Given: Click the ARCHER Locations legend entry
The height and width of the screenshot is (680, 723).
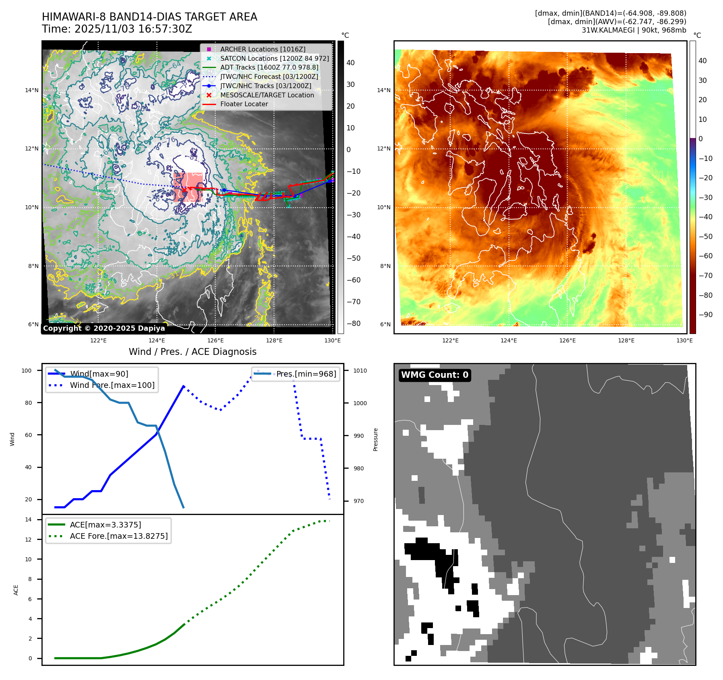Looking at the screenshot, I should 262,49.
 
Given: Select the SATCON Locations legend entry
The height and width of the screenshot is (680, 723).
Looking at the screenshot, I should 274,58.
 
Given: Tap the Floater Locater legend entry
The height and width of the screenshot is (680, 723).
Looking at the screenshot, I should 244,104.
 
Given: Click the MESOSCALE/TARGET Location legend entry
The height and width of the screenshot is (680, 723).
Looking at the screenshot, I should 267,95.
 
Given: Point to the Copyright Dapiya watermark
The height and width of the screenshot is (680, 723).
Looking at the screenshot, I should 104,328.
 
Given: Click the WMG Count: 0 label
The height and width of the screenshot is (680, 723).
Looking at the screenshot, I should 435,375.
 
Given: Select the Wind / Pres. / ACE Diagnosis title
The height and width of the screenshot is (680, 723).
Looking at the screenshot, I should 192,352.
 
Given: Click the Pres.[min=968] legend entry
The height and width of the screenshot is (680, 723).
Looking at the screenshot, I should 306,374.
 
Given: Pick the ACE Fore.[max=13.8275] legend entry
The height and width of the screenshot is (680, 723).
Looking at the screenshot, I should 119,536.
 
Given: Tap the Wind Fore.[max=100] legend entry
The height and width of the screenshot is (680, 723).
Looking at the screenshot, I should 112,385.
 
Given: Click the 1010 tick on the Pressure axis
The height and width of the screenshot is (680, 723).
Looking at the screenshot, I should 360,371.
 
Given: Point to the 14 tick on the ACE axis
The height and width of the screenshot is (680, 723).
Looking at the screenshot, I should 28,519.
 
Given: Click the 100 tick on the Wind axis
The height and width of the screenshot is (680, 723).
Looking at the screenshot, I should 27,371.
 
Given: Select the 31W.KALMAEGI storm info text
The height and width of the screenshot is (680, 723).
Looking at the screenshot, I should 634,30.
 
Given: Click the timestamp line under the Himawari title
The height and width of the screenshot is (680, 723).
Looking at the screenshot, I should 117,29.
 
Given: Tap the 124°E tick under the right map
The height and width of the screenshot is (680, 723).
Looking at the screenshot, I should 509,340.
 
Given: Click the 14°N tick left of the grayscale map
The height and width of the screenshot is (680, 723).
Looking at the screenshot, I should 32,90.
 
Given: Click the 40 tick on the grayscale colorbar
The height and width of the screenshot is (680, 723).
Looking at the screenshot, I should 350,63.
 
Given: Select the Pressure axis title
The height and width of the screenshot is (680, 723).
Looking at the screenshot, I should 375,439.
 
